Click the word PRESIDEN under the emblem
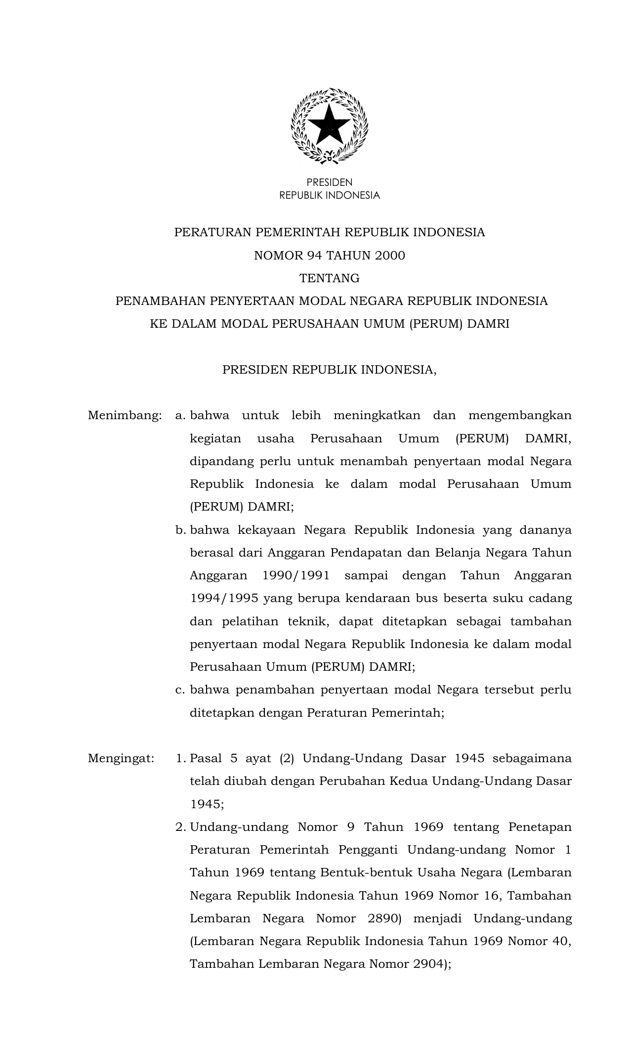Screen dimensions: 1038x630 (329, 182)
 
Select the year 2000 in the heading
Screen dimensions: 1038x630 (389, 256)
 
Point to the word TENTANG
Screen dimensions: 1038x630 (329, 278)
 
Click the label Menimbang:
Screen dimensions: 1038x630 (125, 415)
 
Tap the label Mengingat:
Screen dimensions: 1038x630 (121, 758)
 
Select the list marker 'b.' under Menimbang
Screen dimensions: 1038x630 (180, 530)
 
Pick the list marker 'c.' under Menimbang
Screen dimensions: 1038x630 (180, 690)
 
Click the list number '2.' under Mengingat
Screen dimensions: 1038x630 (180, 827)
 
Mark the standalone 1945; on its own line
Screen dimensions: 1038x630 (207, 804)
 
